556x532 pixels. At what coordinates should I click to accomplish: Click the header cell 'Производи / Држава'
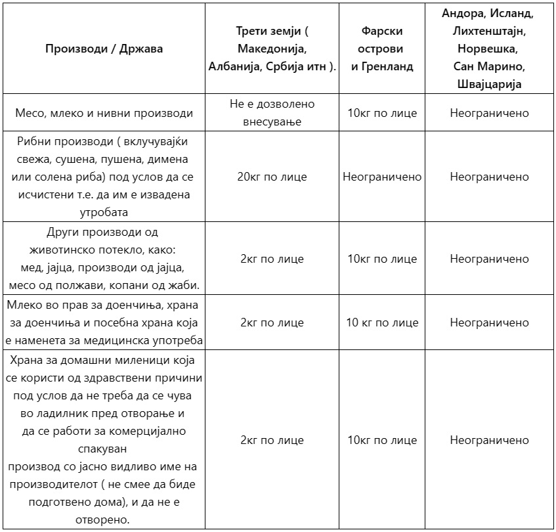104,49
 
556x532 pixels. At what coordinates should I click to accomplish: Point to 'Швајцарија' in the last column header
489,84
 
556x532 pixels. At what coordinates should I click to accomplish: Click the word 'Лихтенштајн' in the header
489,31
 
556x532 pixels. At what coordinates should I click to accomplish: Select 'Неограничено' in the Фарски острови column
382,177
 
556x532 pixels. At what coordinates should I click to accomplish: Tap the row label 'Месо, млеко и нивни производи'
104,113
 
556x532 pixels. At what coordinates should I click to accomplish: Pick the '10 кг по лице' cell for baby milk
382,322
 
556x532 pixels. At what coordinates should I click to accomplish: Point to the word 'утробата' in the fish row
105,211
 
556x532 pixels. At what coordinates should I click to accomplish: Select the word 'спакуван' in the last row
104,449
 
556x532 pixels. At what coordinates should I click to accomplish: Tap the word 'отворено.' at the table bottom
104,520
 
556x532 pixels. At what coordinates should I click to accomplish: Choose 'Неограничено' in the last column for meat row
489,113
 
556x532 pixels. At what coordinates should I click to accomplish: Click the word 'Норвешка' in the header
489,49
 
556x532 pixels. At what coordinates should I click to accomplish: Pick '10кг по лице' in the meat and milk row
382,113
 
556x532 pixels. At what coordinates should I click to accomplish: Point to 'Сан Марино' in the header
489,66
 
